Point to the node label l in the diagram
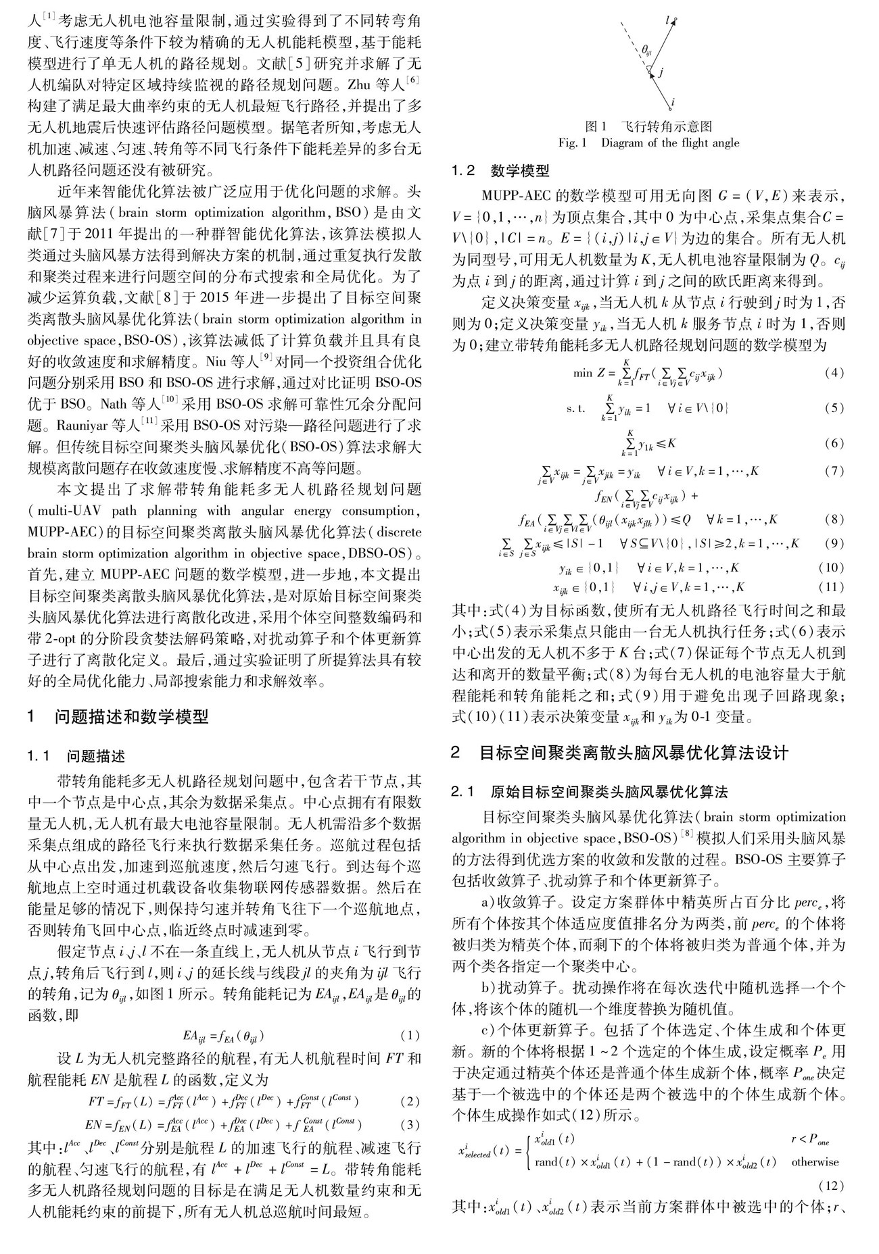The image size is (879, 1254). (x=668, y=21)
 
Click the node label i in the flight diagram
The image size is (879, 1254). (x=671, y=103)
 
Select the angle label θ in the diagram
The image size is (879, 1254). (x=646, y=49)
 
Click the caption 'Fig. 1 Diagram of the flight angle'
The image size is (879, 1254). (x=648, y=143)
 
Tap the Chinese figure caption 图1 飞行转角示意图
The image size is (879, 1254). (x=648, y=126)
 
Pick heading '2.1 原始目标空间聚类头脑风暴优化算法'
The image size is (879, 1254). (x=596, y=791)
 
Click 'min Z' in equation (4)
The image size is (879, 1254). (x=585, y=374)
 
